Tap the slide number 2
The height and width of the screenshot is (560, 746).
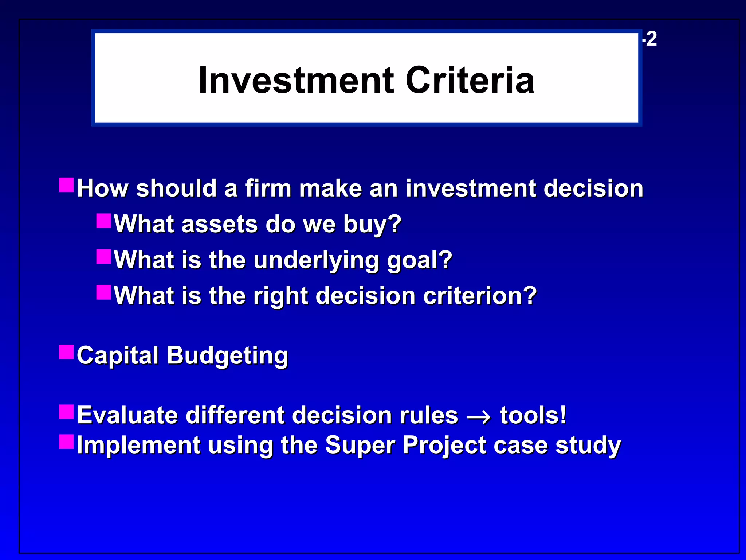(651, 39)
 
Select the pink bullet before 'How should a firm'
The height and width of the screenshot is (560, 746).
(66, 185)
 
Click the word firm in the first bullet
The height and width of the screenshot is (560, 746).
(268, 188)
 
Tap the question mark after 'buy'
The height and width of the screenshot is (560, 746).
(394, 223)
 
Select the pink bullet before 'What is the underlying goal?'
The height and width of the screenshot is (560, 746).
(103, 256)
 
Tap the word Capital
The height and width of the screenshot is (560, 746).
(117, 355)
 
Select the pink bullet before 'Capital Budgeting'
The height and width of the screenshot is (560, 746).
(66, 352)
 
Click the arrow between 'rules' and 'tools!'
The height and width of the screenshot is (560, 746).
(479, 416)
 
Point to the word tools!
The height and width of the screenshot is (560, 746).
(533, 415)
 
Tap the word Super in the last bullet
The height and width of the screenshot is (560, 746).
(359, 446)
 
